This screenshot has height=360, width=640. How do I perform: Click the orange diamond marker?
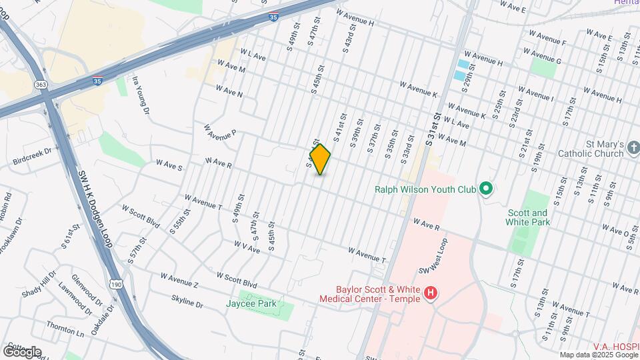[320, 159]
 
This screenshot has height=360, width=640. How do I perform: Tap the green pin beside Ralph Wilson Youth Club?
[485, 189]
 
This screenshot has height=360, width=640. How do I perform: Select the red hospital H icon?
[431, 292]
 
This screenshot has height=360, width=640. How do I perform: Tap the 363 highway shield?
[40, 85]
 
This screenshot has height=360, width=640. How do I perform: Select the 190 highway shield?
[117, 285]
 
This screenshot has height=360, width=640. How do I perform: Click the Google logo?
[21, 351]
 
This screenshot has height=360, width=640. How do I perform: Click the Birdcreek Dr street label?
[31, 157]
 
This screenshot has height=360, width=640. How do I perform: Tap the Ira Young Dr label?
[139, 96]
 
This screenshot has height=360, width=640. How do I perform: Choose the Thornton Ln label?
[65, 328]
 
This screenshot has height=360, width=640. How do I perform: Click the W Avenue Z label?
[179, 280]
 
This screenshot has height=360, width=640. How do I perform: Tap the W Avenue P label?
[221, 132]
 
